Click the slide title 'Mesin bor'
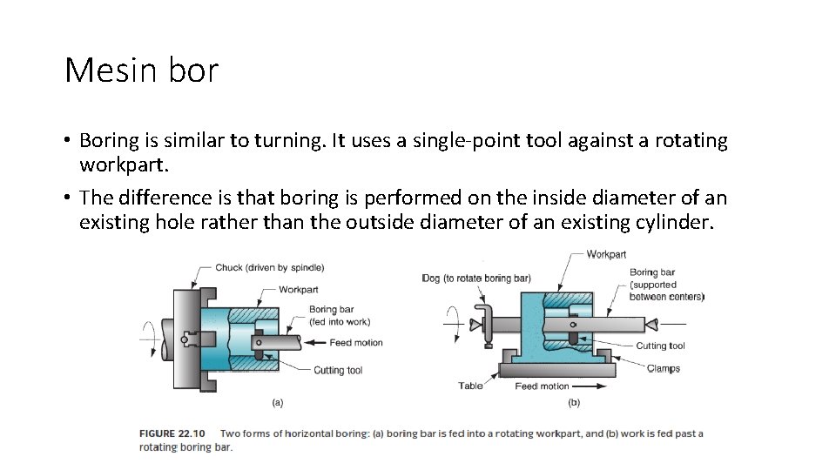coord(141,70)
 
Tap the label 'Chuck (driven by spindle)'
coord(270,267)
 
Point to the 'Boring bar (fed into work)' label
coord(339,315)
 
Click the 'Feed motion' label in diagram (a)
coord(357,342)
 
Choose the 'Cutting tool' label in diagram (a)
coord(338,370)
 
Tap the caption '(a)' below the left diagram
coord(278,402)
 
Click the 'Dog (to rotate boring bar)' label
coord(475,279)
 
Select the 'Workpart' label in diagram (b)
coord(606,254)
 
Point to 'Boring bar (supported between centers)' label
coord(666,285)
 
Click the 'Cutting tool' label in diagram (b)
coord(660,346)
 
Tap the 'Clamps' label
coord(664,368)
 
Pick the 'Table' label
coord(470,386)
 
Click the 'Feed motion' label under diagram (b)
coord(542,386)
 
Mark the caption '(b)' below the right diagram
coord(574,402)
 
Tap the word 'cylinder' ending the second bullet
coord(676,222)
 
